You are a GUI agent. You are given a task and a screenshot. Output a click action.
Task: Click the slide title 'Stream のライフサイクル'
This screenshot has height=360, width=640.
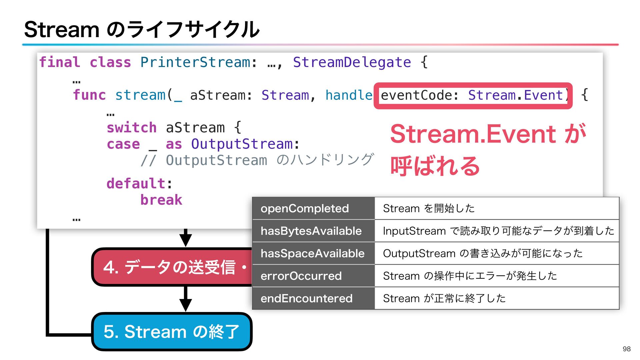pyautogui.click(x=142, y=29)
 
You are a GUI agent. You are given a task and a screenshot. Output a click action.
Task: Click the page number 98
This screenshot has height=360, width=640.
pyautogui.click(x=626, y=349)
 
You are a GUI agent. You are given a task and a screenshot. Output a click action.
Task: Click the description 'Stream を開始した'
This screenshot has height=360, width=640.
pyautogui.click(x=429, y=208)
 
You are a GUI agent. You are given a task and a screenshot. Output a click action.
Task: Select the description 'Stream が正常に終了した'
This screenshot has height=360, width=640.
pyautogui.click(x=444, y=298)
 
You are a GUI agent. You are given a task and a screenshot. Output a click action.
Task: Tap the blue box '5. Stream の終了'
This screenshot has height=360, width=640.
pyautogui.click(x=171, y=332)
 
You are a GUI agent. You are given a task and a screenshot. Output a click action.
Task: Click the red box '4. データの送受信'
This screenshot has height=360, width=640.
pyautogui.click(x=172, y=267)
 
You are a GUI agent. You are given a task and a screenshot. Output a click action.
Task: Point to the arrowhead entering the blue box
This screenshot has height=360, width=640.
pyautogui.click(x=185, y=305)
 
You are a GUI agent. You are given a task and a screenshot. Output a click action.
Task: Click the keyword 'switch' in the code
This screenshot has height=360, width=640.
pyautogui.click(x=131, y=128)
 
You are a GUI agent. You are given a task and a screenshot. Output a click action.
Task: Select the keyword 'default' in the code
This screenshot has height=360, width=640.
pyautogui.click(x=136, y=183)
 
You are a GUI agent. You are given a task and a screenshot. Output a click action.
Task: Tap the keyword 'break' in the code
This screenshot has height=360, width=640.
pyautogui.click(x=161, y=200)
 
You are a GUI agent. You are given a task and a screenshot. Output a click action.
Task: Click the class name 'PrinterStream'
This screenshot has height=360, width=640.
pyautogui.click(x=195, y=62)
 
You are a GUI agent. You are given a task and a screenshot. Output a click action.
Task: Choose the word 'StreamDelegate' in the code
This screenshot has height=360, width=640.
pyautogui.click(x=352, y=62)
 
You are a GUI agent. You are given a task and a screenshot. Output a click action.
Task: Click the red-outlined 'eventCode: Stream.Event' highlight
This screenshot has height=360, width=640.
pyautogui.click(x=473, y=96)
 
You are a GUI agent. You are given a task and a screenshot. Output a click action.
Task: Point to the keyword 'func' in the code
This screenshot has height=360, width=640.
pyautogui.click(x=89, y=95)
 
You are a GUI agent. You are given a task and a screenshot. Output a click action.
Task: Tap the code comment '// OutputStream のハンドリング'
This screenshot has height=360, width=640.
pyautogui.click(x=257, y=160)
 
